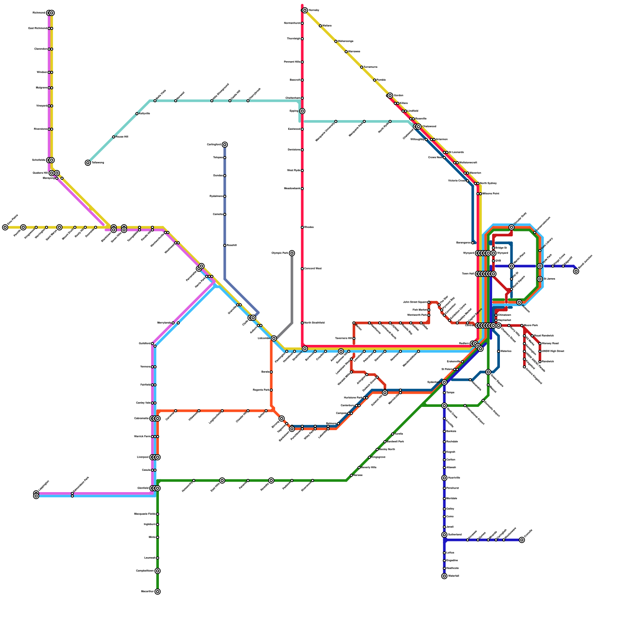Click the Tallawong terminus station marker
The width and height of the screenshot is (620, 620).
88,163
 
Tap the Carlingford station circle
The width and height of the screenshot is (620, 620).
225,145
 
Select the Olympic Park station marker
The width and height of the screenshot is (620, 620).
292,253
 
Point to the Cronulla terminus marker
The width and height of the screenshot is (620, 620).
522,540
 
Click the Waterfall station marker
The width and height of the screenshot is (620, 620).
444,576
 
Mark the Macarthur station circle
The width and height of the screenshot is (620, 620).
158,591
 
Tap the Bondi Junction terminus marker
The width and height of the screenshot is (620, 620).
576,271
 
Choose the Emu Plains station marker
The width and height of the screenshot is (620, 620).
5,227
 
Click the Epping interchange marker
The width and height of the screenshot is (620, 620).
302,111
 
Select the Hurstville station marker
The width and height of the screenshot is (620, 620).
444,478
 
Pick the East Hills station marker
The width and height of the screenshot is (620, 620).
222,480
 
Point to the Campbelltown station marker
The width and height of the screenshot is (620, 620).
158,571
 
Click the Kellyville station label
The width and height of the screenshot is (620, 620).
144,114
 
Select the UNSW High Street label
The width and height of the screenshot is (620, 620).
553,351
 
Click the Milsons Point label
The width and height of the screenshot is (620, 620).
491,193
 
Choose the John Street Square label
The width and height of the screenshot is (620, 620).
415,302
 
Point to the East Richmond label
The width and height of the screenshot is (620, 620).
38,28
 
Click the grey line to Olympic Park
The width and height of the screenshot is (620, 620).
292,291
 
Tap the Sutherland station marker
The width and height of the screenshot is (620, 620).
444,535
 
